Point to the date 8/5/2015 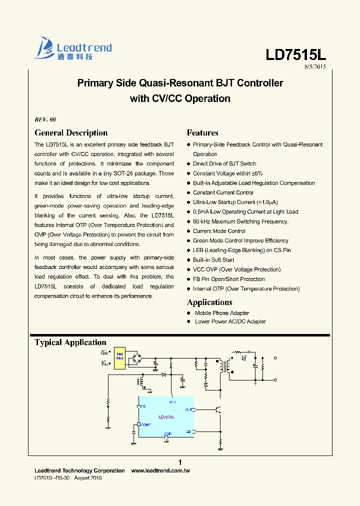(315, 67)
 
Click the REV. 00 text (45, 119)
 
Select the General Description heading (71, 132)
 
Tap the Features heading (202, 132)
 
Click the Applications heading (209, 302)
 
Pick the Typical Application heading (70, 342)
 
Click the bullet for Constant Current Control (188, 193)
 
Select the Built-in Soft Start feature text (213, 260)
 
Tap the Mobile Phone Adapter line (222, 313)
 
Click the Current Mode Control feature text (219, 231)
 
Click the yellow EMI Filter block (120, 357)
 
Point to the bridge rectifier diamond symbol (136, 358)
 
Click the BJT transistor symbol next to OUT (217, 409)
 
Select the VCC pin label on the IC (172, 402)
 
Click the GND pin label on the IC (168, 433)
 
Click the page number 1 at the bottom (180, 462)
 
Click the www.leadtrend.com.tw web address (160, 470)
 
